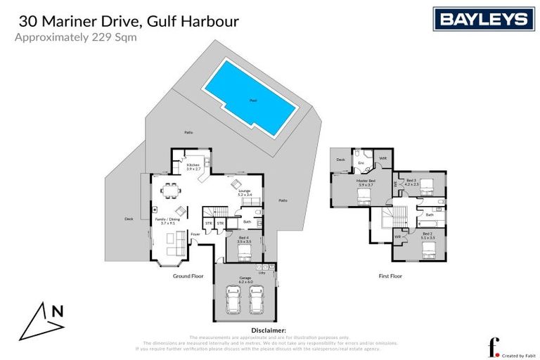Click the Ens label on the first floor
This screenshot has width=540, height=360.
[361, 163]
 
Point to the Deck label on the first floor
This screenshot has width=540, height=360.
[340, 160]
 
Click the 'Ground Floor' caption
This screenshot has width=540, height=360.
[188, 276]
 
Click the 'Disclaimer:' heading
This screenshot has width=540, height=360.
[268, 330]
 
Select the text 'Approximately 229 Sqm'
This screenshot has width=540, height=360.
[75, 38]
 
